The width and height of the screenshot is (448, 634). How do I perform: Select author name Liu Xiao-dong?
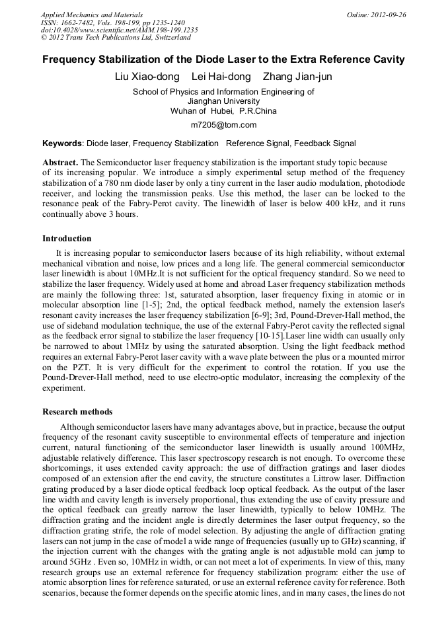pos(146,77)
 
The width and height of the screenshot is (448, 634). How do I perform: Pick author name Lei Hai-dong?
pos(221,77)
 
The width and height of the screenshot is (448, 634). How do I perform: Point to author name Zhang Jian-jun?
pos(297,77)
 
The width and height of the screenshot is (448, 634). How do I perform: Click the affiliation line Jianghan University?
pos(223,101)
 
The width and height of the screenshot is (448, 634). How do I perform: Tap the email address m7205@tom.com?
pos(223,124)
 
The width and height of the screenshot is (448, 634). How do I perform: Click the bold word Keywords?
pos(62,143)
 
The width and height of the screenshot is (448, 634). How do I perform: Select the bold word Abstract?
pos(60,162)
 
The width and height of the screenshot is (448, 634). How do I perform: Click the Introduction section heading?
pos(67,239)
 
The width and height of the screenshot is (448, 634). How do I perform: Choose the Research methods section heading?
pos(77,412)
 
